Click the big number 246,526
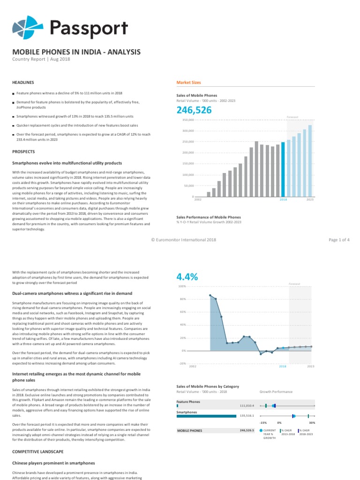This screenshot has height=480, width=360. [194, 111]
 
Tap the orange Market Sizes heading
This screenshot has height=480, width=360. [188, 82]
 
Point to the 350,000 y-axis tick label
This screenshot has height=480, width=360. [188, 120]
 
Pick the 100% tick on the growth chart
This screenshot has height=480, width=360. [182, 286]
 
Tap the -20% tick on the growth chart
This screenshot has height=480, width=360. [182, 363]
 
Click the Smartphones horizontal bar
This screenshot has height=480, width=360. [206, 416]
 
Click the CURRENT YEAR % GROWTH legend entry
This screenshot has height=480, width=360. [269, 434]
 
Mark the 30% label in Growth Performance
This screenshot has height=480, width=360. [312, 423]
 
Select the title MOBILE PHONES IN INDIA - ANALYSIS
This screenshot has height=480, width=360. [76, 52]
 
